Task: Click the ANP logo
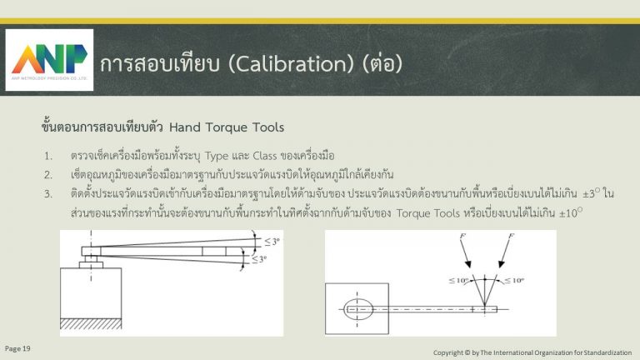tap(49, 60)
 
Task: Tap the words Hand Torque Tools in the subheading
tap(227, 127)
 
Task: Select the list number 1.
tap(48, 157)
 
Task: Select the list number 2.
tap(48, 175)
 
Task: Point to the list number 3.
tap(48, 194)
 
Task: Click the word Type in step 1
tap(217, 157)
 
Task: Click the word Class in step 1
tap(265, 156)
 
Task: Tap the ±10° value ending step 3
tap(571, 212)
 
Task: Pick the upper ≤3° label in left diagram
tap(272, 242)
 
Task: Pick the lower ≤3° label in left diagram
tap(259, 259)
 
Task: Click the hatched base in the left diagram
tap(91, 323)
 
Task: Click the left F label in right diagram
tap(462, 236)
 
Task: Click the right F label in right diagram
tap(511, 236)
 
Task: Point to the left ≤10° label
tap(459, 280)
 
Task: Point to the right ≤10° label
tap(514, 280)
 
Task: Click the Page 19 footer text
tap(17, 348)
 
